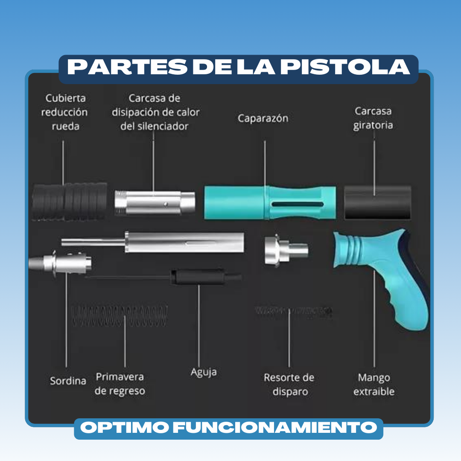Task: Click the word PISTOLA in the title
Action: [345, 67]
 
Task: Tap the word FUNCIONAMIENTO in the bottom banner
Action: [275, 427]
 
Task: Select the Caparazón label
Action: [263, 118]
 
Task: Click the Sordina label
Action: [68, 381]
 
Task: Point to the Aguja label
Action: [204, 372]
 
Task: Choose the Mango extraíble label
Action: [374, 385]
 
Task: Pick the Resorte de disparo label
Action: [289, 385]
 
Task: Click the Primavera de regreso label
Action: [120, 384]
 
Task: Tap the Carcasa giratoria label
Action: [373, 118]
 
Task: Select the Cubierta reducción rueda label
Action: [64, 112]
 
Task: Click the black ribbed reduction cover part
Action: [70, 201]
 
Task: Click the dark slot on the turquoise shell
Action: [298, 204]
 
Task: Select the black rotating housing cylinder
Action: [377, 202]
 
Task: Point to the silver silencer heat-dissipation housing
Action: [155, 202]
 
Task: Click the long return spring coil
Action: [120, 316]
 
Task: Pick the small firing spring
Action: [294, 311]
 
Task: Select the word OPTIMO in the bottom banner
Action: [125, 427]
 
